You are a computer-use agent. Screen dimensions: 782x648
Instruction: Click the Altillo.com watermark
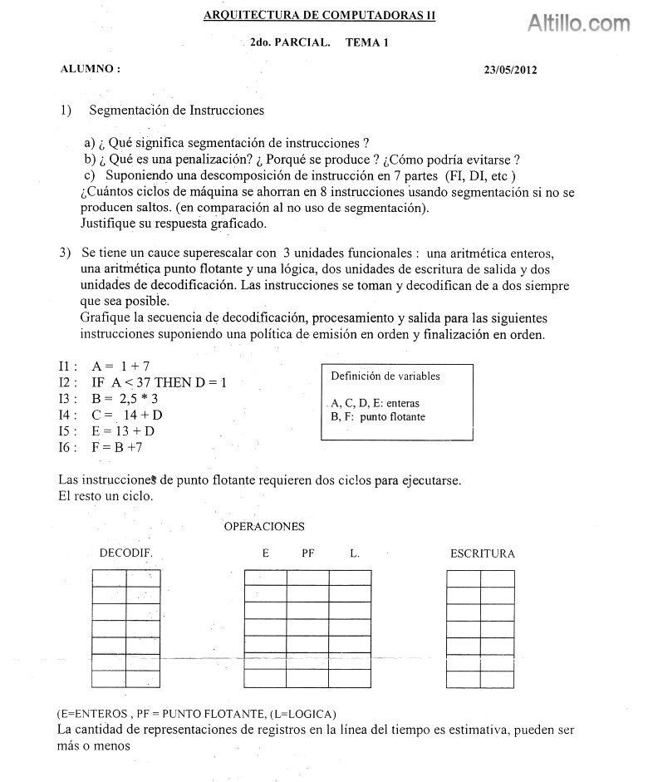[579, 23]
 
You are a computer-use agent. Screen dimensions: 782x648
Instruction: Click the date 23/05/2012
[510, 70]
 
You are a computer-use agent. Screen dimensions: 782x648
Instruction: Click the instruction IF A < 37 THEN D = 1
[159, 382]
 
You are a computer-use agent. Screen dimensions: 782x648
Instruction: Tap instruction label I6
[67, 447]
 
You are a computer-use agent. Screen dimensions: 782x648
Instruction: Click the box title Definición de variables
[385, 376]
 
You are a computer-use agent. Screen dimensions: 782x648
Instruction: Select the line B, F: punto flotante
[377, 416]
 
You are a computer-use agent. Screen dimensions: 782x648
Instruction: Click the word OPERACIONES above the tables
[264, 526]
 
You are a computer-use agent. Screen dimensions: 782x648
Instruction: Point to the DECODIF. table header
[125, 553]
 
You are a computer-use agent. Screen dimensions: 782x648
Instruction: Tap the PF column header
[308, 553]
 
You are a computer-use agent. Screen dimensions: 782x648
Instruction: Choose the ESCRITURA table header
[482, 553]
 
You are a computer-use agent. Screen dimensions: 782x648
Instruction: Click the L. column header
[355, 553]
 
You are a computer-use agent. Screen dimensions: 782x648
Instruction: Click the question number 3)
[65, 253]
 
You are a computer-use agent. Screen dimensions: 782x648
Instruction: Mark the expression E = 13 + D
[124, 430]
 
